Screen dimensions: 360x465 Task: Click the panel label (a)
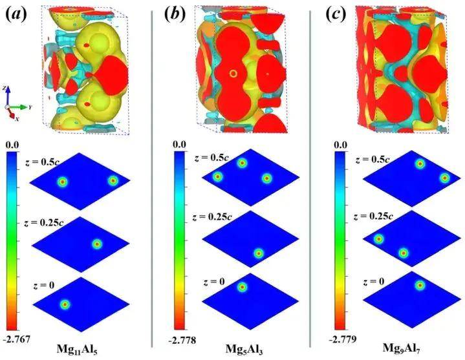pyautogui.click(x=19, y=12)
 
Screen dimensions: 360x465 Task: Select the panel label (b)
pyautogui.click(x=176, y=12)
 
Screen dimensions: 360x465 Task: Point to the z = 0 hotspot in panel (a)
pyautogui.click(x=65, y=304)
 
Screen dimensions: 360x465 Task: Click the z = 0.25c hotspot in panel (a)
pyautogui.click(x=97, y=244)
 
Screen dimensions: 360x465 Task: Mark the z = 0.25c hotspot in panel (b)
pyautogui.click(x=259, y=253)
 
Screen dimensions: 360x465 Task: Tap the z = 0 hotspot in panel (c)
pyautogui.click(x=419, y=284)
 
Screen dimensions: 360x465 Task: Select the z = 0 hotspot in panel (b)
pyautogui.click(x=242, y=287)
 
